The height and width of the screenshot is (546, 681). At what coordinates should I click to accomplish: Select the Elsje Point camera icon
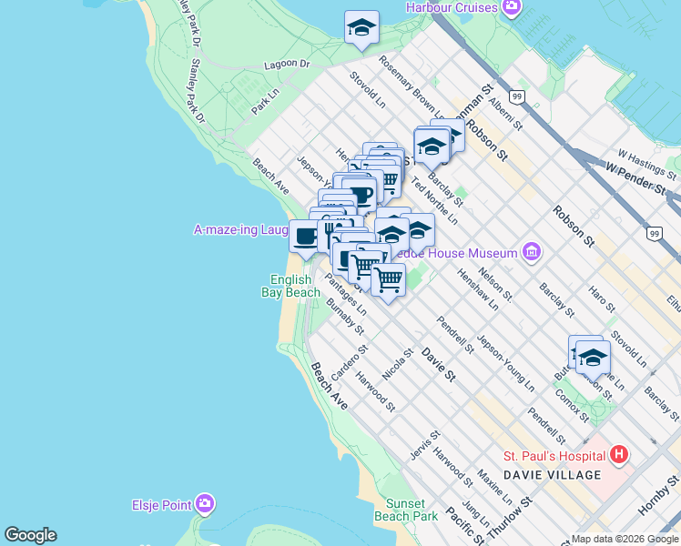pyautogui.click(x=205, y=502)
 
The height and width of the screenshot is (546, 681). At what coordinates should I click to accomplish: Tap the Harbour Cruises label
pyautogui.click(x=452, y=7)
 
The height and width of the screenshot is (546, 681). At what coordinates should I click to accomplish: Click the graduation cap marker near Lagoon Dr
pyautogui.click(x=361, y=27)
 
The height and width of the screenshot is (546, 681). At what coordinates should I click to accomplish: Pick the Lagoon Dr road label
pyautogui.click(x=287, y=65)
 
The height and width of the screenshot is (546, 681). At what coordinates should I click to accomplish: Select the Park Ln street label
pyautogui.click(x=265, y=101)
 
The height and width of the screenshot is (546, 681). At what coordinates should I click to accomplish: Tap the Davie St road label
pyautogui.click(x=437, y=360)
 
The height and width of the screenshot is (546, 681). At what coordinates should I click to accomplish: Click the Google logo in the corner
pyautogui.click(x=30, y=535)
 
